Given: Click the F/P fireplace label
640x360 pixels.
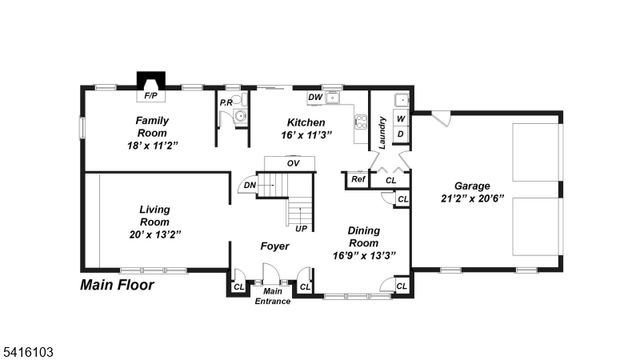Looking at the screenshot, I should coord(151,96).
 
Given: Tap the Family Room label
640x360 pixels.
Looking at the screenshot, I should coord(152,126).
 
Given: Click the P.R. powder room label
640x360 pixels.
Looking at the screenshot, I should coord(225,102).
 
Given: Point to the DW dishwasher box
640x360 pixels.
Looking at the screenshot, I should coord(314,98).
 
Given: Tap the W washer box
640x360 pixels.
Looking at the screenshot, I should coord(400,117).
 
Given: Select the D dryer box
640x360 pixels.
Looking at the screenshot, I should coord(400,133).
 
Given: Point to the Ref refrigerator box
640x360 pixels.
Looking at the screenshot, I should coord(357,180).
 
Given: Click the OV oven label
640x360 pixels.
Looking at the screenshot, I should coord(293,163).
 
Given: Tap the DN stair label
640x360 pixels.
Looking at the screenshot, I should coord(249,184).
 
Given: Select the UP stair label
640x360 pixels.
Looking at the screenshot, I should coord(300,228).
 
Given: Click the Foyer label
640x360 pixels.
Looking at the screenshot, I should coord(275,246).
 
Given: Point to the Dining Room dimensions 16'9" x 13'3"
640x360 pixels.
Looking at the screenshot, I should coord(364,255).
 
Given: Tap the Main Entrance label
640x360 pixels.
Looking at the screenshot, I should coord(272,296).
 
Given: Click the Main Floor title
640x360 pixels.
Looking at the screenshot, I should coord(117,285).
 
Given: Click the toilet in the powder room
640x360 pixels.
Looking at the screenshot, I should coord(239,117).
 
